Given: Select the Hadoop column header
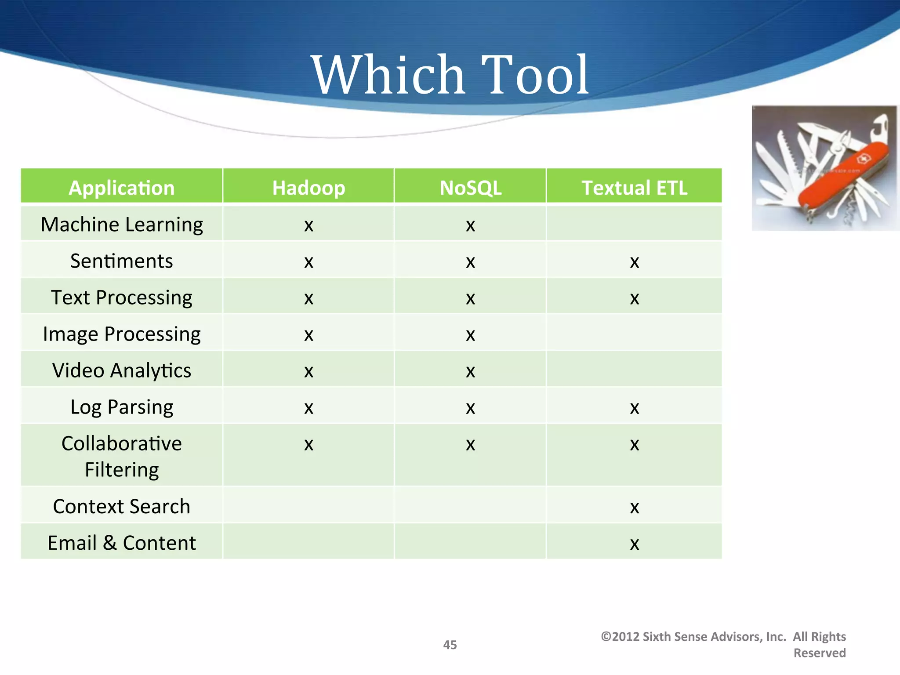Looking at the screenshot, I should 308,188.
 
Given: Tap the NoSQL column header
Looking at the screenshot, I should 470,188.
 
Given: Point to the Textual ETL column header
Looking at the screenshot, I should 634,188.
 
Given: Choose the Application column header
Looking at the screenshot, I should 122,188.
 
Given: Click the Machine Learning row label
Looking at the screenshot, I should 122,225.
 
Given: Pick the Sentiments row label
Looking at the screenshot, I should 122,261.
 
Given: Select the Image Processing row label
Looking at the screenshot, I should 122,334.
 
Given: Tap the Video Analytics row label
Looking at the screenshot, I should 122,370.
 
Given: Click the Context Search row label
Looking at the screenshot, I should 122,506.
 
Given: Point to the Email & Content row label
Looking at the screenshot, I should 122,543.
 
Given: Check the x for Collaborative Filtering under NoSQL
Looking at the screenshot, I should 470,445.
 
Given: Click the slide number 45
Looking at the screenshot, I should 450,645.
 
